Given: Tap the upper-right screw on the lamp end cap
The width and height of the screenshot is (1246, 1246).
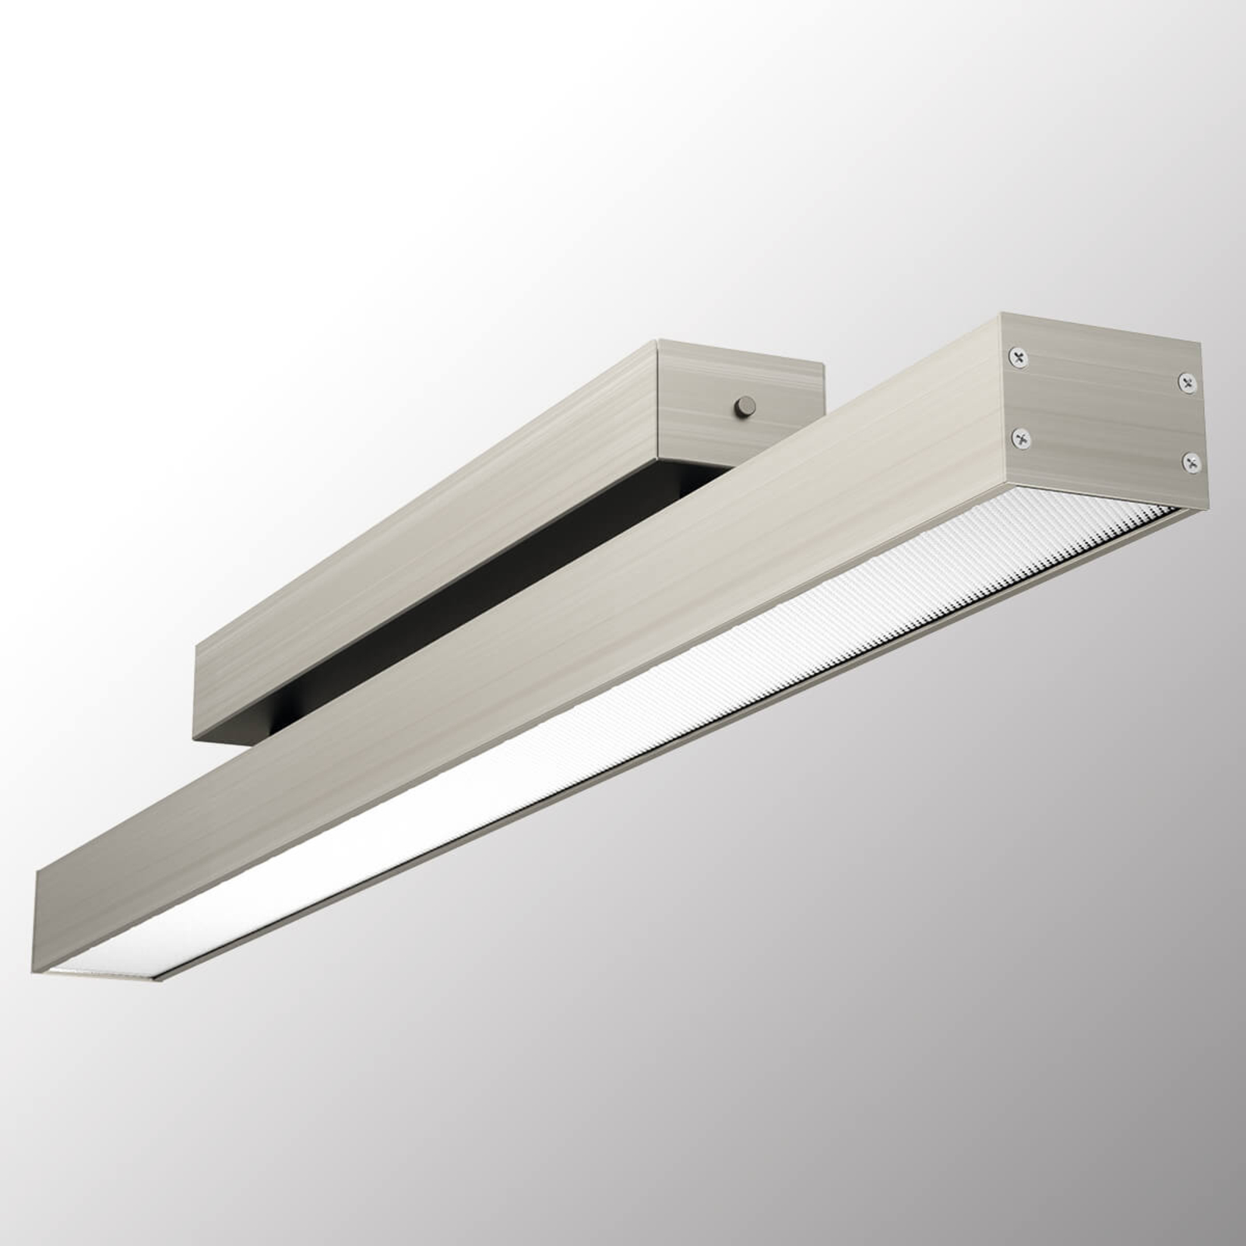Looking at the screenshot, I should pyautogui.click(x=1186, y=382).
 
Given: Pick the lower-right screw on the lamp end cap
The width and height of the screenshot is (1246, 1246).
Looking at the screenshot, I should pyautogui.click(x=1190, y=463).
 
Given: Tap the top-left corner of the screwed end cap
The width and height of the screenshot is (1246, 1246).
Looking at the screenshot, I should pyautogui.click(x=1001, y=315).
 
